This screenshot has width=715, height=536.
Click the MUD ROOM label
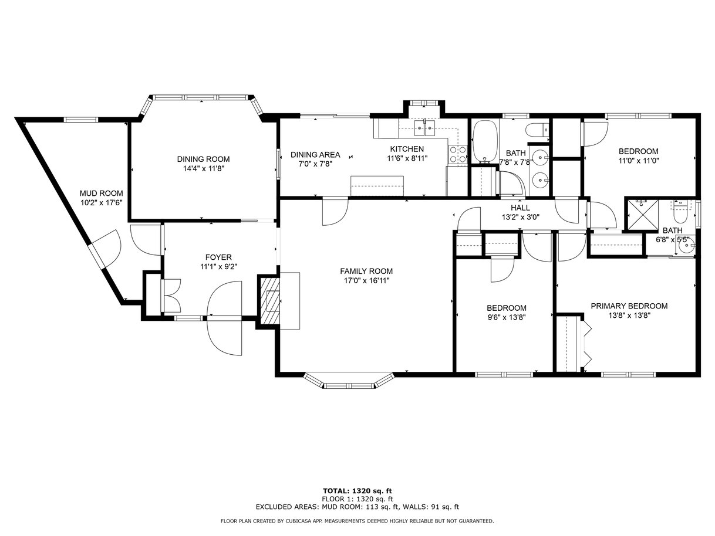(x=102, y=194)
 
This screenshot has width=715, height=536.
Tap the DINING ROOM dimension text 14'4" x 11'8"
(x=204, y=168)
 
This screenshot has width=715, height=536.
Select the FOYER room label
(x=218, y=257)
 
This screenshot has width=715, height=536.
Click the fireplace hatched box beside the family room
(x=270, y=300)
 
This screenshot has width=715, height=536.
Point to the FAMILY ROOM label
(x=366, y=271)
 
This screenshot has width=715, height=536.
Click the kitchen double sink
(x=425, y=128)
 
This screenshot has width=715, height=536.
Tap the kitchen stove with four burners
(x=458, y=154)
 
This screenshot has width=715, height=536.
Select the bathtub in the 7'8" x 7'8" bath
(x=485, y=142)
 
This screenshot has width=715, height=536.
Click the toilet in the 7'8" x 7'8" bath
(x=538, y=130)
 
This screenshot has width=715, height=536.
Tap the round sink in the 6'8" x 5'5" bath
(x=686, y=247)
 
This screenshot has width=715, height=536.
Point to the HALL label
(x=520, y=208)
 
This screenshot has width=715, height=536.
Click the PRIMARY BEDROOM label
(x=629, y=306)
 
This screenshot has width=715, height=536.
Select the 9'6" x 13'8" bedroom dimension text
(x=507, y=317)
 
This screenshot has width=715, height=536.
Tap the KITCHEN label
(x=407, y=149)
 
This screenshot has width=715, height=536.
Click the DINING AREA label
(x=315, y=155)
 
